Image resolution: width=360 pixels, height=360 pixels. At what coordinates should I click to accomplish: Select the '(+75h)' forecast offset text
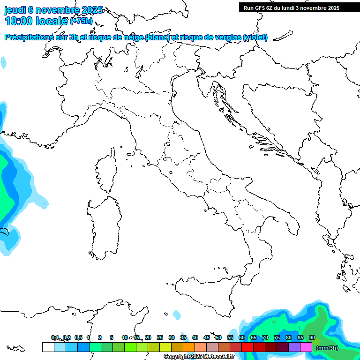(81, 21)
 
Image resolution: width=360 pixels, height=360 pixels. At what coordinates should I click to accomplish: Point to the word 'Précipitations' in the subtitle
(29, 37)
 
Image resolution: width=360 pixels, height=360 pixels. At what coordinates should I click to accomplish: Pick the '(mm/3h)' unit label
(327, 348)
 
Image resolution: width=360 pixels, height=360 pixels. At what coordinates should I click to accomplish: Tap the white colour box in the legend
(48, 347)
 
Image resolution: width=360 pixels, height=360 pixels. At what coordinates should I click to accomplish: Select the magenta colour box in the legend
(306, 347)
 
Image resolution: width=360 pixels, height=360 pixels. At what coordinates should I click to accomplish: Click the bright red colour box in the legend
(247, 347)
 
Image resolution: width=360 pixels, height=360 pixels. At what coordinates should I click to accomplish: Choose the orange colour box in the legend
(189, 347)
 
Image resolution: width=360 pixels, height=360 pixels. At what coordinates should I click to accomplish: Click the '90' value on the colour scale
(312, 337)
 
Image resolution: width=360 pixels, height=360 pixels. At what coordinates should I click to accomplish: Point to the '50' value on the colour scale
(218, 337)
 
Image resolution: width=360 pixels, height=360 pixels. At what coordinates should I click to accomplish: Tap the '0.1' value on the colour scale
(55, 337)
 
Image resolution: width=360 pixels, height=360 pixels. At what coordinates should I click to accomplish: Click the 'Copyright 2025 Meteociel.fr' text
(199, 357)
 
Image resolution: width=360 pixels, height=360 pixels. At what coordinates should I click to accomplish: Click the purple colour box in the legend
(294, 347)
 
